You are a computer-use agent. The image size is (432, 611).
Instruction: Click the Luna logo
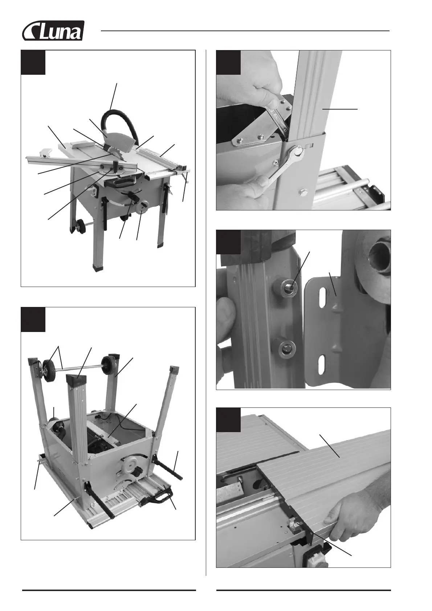pos(53,30)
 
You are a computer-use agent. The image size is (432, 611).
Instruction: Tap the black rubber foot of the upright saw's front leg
pos(98,267)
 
